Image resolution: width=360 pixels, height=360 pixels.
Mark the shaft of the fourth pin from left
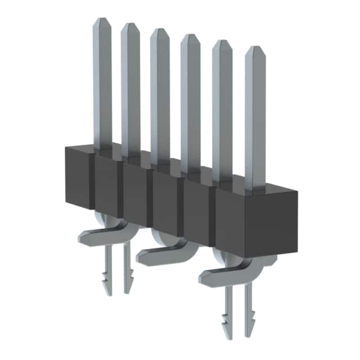click(x=190, y=101)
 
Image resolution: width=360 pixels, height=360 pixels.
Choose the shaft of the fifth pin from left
click(x=222, y=107)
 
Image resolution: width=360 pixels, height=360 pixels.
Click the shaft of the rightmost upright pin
click(x=256, y=118)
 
